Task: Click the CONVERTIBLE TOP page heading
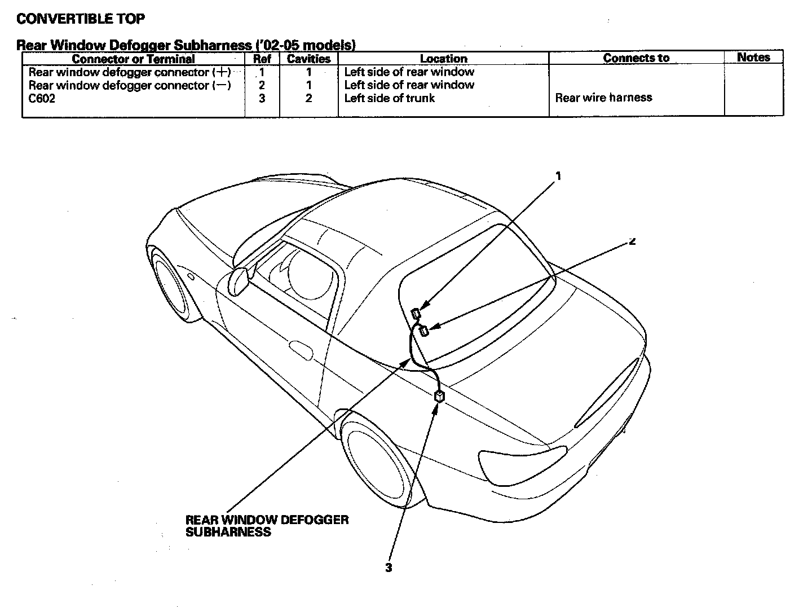click(81, 19)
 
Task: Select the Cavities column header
click(308, 59)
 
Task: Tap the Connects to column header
click(636, 58)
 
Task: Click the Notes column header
click(753, 57)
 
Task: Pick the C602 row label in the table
click(42, 98)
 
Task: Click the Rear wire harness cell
click(603, 98)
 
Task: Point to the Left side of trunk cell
click(389, 98)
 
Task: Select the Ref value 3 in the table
click(262, 98)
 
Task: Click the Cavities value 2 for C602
click(308, 98)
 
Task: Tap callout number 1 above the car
click(558, 176)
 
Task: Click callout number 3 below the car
click(389, 568)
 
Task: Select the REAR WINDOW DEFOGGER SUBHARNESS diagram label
click(267, 526)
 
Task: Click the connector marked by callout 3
click(439, 397)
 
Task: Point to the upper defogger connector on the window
click(416, 313)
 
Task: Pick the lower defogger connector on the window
click(424, 331)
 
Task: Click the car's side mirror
click(240, 281)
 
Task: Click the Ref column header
click(262, 59)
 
